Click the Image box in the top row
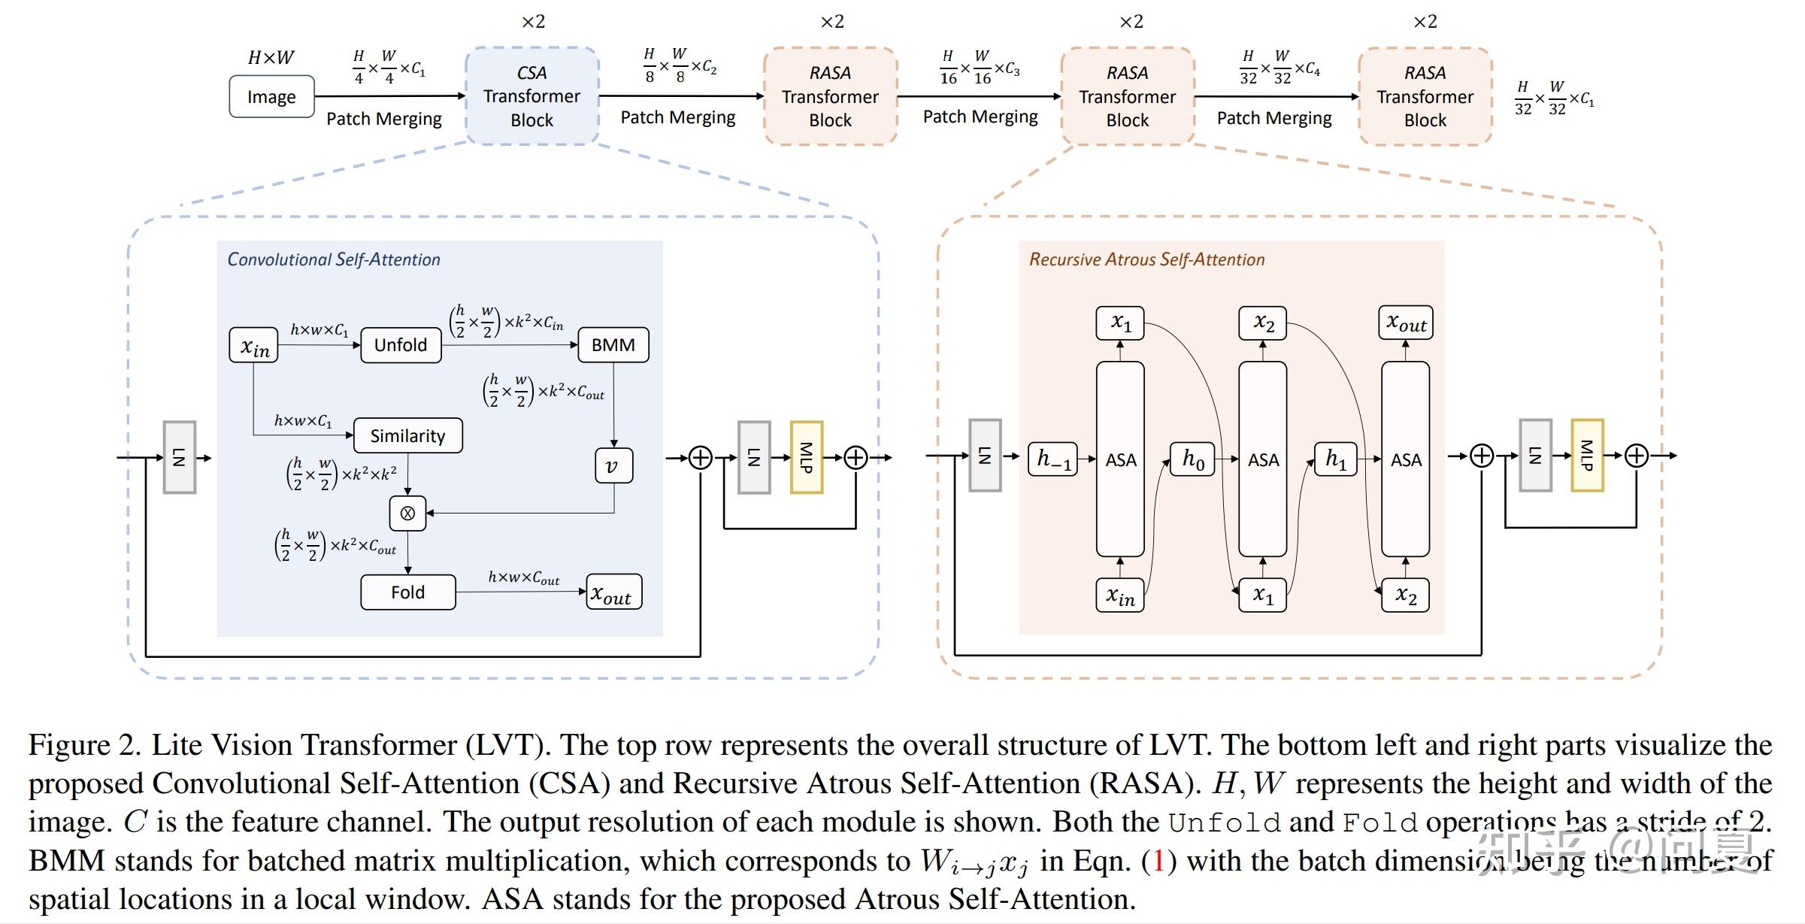pos(271,97)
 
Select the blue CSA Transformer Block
pos(532,96)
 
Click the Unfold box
pos(401,345)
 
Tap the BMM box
pos(613,345)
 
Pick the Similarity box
pos(407,436)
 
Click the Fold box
pos(407,592)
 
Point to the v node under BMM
pos(613,466)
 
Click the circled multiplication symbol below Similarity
pos(407,514)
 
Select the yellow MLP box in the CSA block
pos(806,457)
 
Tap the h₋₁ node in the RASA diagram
pos(1052,459)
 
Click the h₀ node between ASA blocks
pos(1192,459)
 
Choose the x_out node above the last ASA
pos(1406,323)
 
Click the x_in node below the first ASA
pos(1119,596)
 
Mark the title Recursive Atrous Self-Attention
pos(1146,259)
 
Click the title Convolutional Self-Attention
pos(333,259)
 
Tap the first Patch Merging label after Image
pos(383,119)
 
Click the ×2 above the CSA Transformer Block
pos(533,22)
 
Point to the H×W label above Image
pos(271,58)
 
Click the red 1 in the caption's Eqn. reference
pos(1158,861)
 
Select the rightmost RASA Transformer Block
pos(1425,96)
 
